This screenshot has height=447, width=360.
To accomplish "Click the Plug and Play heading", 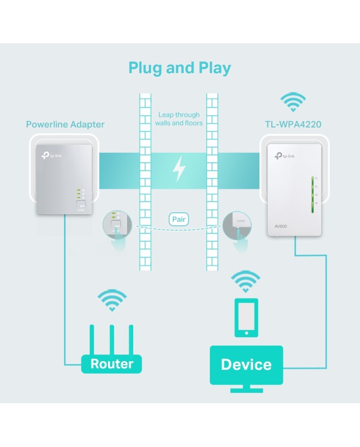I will (x=179, y=68).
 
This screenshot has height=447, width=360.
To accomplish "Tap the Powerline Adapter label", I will (x=65, y=124).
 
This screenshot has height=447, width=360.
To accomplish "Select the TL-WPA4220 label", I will (x=293, y=124).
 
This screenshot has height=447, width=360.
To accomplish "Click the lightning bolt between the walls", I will (x=179, y=168).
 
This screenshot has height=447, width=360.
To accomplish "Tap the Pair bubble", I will (x=179, y=220).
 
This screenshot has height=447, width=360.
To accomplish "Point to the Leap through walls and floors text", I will (x=179, y=119).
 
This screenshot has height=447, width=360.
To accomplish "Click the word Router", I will (x=112, y=364).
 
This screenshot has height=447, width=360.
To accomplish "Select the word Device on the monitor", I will (x=246, y=365).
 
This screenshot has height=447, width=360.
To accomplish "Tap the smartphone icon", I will (x=246, y=317).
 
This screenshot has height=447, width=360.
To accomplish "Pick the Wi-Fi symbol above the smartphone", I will (x=245, y=281).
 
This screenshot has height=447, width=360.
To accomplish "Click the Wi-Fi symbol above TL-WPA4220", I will (x=293, y=101).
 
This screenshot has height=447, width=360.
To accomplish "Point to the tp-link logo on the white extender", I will (x=285, y=156).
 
